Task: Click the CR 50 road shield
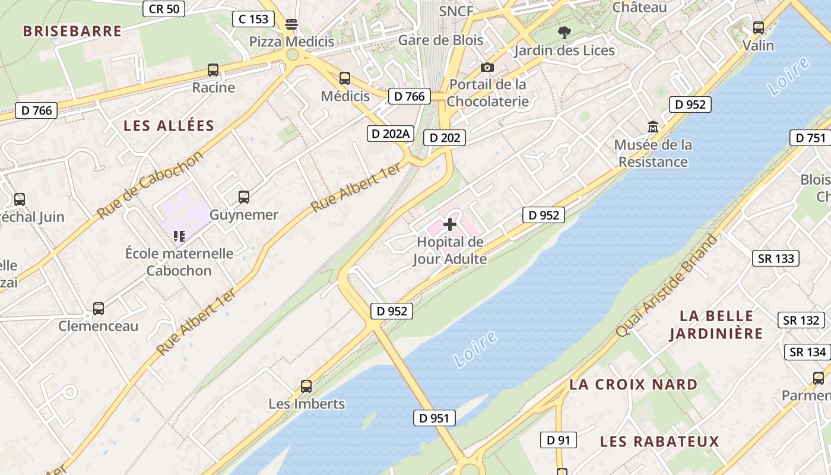pos(164,9)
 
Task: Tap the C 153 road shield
pos(253,19)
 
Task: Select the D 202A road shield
pos(390,134)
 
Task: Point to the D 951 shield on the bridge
pos(434,418)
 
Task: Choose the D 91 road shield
pos(558,440)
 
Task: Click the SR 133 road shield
pos(776,258)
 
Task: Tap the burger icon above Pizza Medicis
pos(291,24)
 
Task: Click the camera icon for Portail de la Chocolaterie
pos(487,67)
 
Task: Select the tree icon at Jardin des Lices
pos(564,33)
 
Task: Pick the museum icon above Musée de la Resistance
pos(653,126)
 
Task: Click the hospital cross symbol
pos(451,224)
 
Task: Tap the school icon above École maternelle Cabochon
pos(179,236)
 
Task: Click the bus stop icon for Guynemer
pos(244,197)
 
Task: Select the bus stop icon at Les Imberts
pos(306,387)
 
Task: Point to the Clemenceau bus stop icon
pos(99,309)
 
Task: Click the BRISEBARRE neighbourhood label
pos(72,31)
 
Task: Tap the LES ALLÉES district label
pos(169,126)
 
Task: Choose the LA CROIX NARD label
pos(633,385)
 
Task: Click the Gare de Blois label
pos(440,40)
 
